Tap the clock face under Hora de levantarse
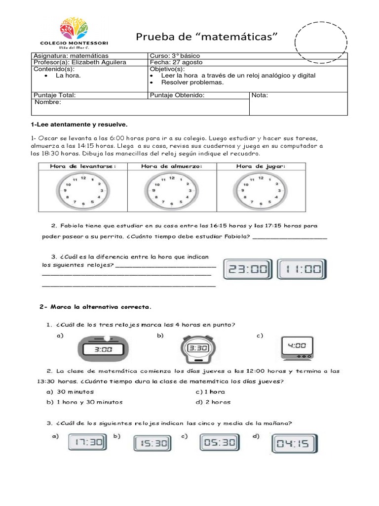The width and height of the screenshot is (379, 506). [x=82, y=190]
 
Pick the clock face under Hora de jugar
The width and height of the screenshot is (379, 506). [x=260, y=190]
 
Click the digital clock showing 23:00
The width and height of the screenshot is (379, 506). [x=248, y=270]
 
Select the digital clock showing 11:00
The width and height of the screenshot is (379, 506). [x=302, y=270]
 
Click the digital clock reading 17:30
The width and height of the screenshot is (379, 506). [x=87, y=443]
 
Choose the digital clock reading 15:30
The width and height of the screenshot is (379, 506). [x=152, y=443]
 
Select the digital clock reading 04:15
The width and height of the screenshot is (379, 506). [x=295, y=444]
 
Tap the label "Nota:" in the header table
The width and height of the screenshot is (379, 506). [x=260, y=95]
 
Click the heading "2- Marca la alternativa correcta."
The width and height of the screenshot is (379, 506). [x=96, y=307]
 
